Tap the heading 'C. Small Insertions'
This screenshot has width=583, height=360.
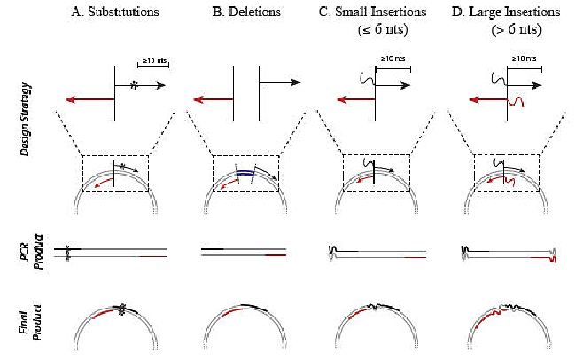tap(377, 13)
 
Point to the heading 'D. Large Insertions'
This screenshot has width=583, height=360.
tap(506, 13)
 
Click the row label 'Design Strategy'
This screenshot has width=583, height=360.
tap(27, 120)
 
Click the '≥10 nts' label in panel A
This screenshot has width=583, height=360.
tap(154, 60)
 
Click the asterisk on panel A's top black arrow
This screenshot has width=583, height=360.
tap(133, 85)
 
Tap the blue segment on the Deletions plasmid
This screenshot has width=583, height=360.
tap(243, 174)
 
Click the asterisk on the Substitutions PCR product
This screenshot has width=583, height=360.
tap(67, 253)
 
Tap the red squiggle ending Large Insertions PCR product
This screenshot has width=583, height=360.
tap(556, 257)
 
